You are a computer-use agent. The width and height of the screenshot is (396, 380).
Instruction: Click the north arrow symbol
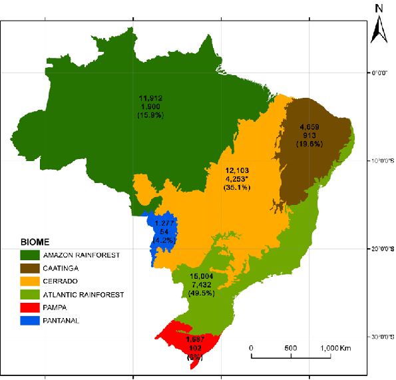(378, 29)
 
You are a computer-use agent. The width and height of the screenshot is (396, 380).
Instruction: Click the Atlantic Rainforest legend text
(83, 294)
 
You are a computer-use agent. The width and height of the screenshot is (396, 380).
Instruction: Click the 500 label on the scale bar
(291, 347)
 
